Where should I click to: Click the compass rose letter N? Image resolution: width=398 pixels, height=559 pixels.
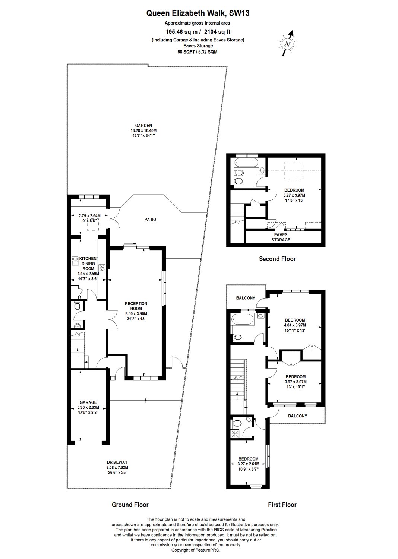288,44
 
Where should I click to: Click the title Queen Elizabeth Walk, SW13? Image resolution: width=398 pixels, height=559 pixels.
198,13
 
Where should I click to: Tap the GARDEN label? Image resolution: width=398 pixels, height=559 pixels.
143,126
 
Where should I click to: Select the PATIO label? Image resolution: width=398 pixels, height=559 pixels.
150,220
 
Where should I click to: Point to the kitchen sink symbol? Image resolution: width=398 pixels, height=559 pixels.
75,262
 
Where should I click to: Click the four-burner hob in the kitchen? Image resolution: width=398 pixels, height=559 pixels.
102,268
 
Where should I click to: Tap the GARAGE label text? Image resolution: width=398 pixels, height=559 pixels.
88,402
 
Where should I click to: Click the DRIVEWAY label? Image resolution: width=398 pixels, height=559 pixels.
117,462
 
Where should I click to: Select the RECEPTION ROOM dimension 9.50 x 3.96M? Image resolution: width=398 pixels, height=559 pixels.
136,314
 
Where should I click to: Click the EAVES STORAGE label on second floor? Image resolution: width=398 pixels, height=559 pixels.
281,237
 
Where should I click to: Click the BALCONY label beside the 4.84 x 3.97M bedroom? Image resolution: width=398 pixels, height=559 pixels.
246,298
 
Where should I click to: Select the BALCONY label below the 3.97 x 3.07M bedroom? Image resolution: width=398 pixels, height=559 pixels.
298,416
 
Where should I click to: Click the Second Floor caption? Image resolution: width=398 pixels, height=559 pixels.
277,259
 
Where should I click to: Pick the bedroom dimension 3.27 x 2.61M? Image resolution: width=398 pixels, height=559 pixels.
248,464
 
